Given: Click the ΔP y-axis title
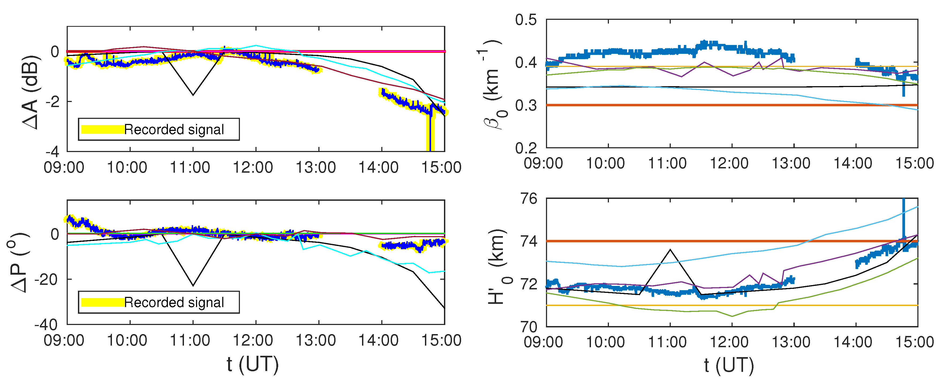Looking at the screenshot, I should click(x=18, y=262).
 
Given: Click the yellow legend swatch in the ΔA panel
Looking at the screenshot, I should click(x=102, y=129).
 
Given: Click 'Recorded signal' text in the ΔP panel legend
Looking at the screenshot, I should click(x=174, y=302).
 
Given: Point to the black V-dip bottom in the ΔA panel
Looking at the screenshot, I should click(x=193, y=95).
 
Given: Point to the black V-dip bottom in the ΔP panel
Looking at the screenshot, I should click(x=193, y=285).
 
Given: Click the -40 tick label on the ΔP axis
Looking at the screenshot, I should click(x=46, y=325).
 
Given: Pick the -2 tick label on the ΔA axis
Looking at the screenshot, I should click(x=52, y=102).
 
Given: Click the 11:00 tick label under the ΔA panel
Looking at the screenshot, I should click(x=190, y=167).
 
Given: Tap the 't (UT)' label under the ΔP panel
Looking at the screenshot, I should click(x=252, y=364).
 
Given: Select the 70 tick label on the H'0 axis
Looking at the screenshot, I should click(x=529, y=326).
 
